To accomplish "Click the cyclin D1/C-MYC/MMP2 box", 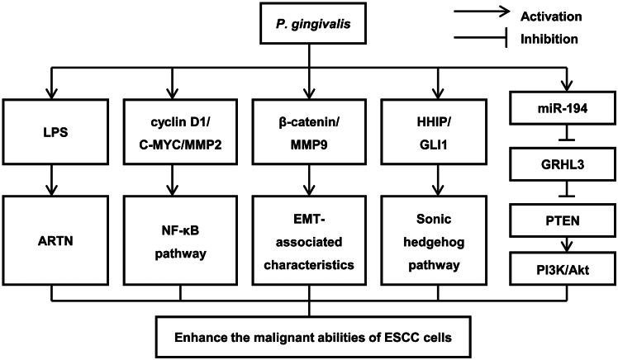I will pyautogui.click(x=174, y=130).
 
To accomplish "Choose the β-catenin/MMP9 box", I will pyautogui.click(x=310, y=130).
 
